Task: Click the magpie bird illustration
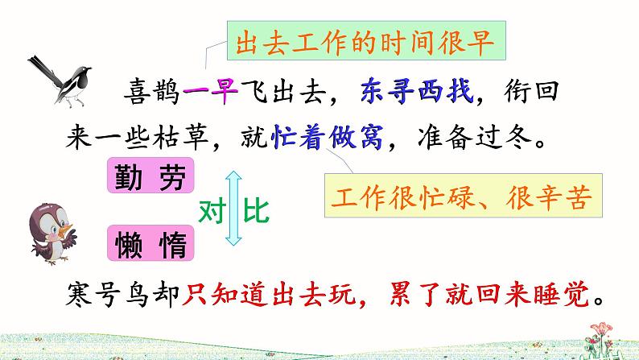click(x=56, y=79)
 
